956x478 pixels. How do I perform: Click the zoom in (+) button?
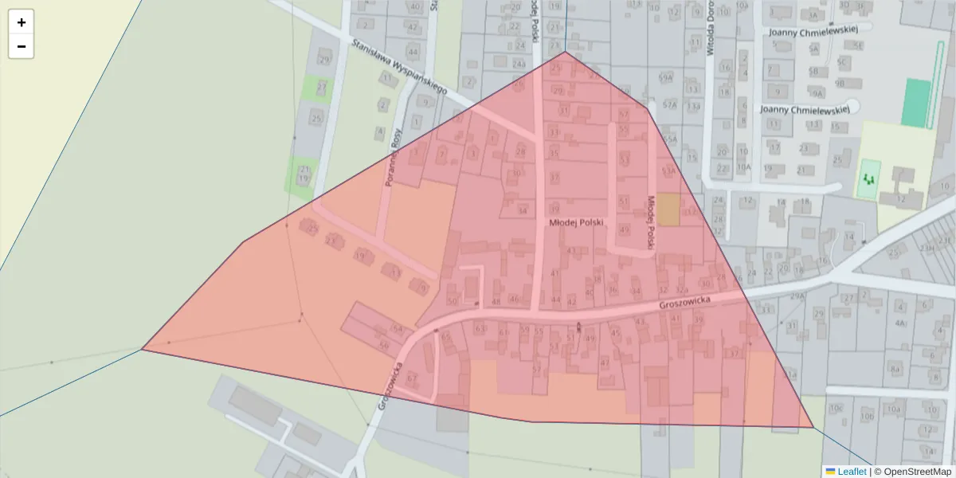click(x=22, y=22)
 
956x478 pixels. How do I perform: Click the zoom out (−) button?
click(x=22, y=46)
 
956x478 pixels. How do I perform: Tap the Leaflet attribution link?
click(x=851, y=472)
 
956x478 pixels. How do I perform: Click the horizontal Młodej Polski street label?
click(x=577, y=223)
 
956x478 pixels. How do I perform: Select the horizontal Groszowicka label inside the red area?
click(x=684, y=304)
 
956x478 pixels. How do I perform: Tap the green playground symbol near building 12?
click(x=869, y=179)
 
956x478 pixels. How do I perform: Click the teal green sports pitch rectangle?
click(x=916, y=103)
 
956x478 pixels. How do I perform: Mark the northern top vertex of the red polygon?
click(x=566, y=52)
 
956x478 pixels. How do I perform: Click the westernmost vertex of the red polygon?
click(x=142, y=349)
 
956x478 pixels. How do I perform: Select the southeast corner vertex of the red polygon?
click(x=813, y=427)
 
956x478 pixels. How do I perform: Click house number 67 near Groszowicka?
click(x=412, y=378)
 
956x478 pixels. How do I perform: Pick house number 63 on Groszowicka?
click(x=480, y=328)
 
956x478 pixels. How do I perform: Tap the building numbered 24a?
click(x=519, y=64)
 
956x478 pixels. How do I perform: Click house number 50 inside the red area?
click(x=452, y=301)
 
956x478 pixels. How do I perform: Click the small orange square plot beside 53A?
click(x=668, y=209)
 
